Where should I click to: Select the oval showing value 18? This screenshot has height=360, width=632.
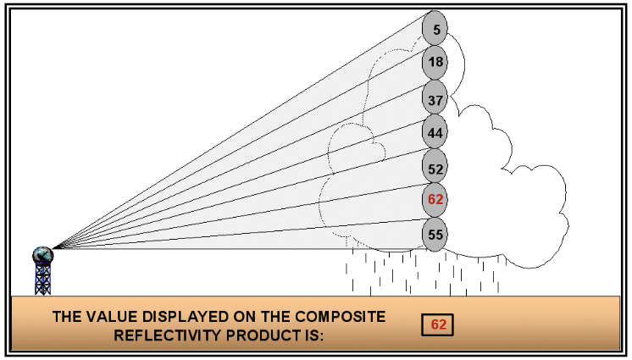tap(435, 63)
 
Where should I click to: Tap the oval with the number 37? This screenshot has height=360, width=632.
tap(435, 99)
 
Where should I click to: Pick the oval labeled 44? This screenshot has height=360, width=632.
tap(435, 133)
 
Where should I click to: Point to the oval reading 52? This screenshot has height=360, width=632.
tap(435, 169)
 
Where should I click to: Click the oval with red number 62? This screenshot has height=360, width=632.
tap(435, 200)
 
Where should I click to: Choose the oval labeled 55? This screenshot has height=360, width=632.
tap(435, 234)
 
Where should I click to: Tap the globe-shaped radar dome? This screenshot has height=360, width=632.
tap(42, 255)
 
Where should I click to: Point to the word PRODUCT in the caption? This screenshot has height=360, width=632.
tap(265, 334)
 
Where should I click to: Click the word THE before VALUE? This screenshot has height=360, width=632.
tap(68, 317)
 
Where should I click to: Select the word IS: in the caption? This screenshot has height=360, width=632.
tap(314, 334)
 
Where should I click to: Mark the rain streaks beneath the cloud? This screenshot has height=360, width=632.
tap(424, 271)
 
